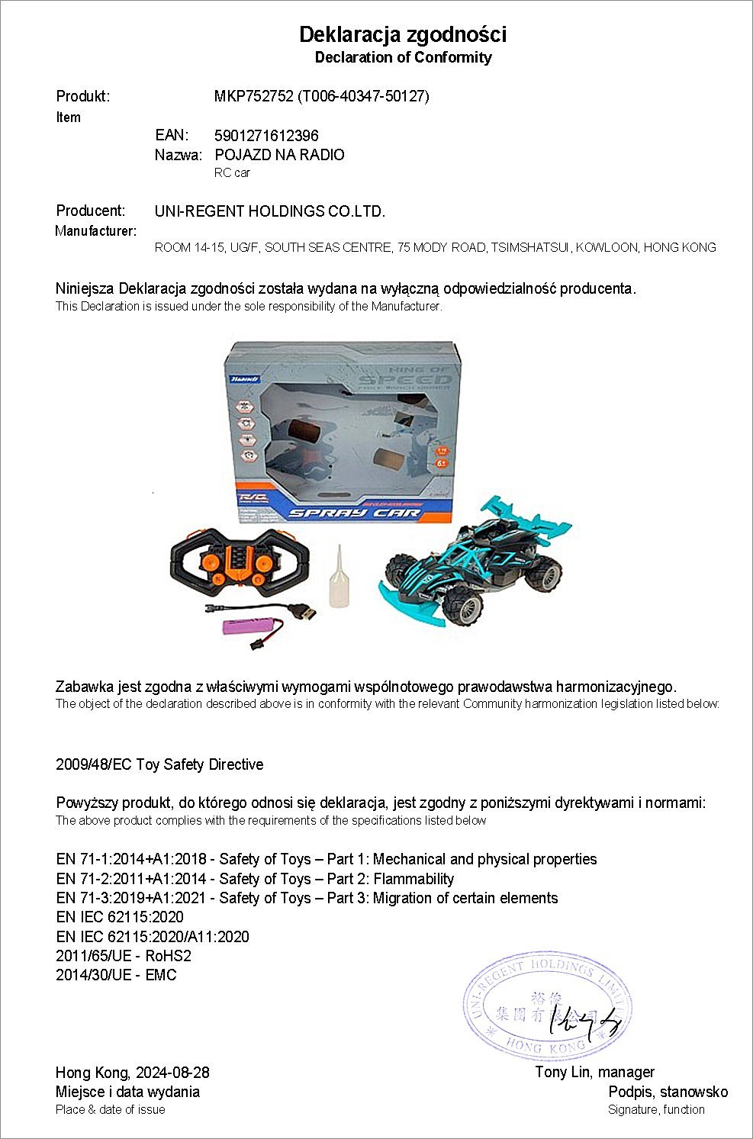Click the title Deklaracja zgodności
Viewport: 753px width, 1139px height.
tap(402, 34)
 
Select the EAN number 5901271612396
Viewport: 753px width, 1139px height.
tap(266, 136)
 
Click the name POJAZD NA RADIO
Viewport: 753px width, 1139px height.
tap(279, 155)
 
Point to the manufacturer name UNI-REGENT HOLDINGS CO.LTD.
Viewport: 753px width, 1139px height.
tap(269, 211)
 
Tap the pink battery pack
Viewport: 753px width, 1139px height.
tap(248, 627)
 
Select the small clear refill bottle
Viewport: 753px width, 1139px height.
tap(339, 578)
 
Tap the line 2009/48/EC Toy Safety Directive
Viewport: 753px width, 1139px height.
tap(159, 764)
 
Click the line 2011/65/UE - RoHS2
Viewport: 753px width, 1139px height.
tap(123, 956)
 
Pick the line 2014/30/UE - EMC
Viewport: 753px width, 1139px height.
tap(116, 975)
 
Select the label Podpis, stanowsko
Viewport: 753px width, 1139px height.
tap(668, 1092)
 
